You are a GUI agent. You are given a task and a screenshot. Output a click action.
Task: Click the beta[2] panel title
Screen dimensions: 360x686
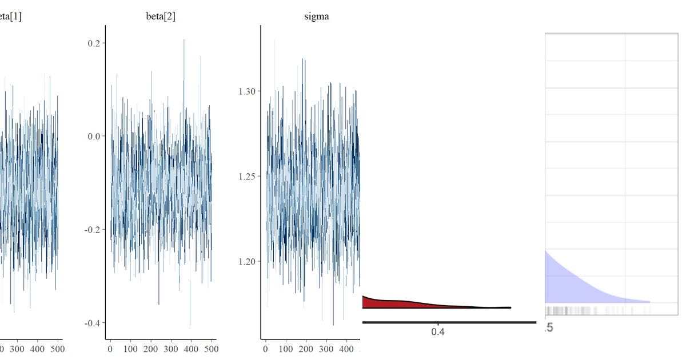161,17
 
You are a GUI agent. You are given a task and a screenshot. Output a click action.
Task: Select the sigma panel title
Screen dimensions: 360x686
316,17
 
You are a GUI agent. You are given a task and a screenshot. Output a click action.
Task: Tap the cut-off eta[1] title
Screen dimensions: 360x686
11,17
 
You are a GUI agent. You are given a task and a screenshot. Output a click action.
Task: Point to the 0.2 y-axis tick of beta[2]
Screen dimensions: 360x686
94,43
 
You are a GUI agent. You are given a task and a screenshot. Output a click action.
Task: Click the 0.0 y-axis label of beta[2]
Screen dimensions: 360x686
94,136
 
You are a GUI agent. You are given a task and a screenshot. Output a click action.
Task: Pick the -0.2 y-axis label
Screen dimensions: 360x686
93,229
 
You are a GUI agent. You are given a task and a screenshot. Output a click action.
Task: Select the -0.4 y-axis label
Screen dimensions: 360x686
93,323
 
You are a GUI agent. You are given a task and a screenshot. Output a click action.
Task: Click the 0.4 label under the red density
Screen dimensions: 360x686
437,332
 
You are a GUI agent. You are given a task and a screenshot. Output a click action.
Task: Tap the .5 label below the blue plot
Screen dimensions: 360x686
549,327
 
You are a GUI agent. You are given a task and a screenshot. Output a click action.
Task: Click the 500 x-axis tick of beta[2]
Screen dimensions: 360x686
211,348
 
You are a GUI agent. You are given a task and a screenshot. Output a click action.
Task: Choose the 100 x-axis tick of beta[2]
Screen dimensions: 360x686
130,348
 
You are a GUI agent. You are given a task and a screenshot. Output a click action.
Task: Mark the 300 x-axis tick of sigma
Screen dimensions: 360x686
326,348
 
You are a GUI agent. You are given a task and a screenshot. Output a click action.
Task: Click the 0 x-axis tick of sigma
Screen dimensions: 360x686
266,348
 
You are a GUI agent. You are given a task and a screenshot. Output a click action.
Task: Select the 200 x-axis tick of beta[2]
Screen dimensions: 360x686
150,348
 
